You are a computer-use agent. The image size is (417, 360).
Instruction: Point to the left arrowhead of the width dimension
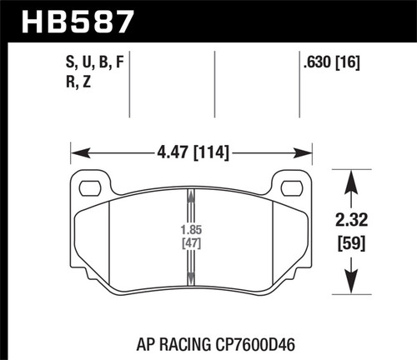(76, 152)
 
